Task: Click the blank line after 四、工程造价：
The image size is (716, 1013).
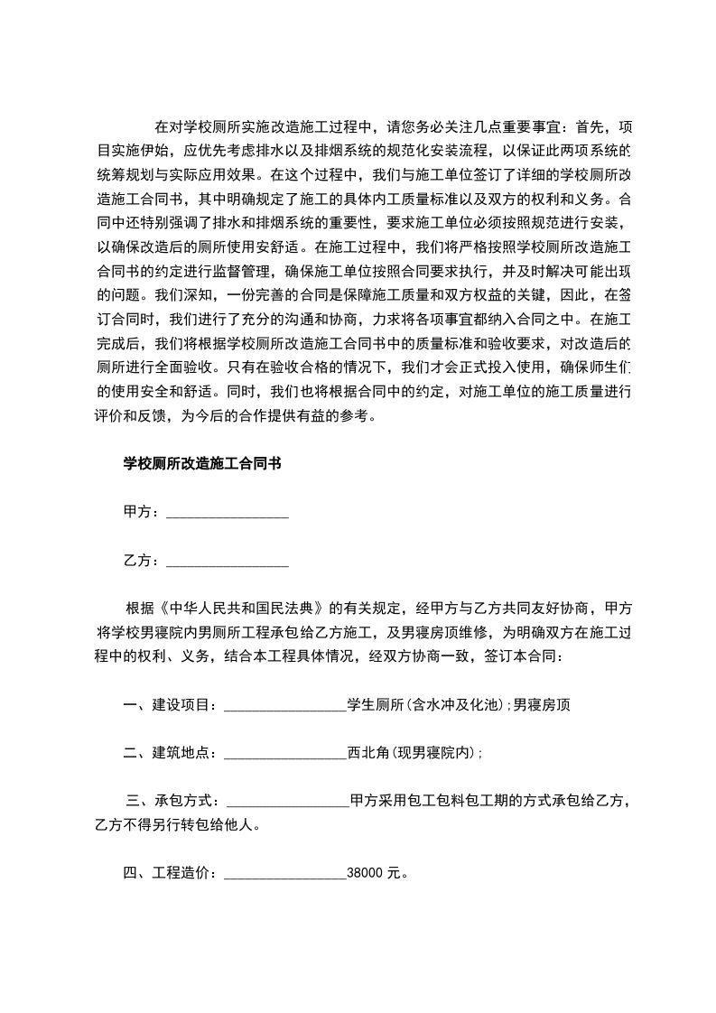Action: (x=284, y=875)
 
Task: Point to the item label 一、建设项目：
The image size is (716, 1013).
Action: (x=172, y=705)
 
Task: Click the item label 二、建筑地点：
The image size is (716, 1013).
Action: (x=172, y=752)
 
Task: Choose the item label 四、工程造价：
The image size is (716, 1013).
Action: (x=172, y=873)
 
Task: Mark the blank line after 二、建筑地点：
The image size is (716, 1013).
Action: (x=284, y=754)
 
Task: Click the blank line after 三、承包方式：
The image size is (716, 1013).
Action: (x=288, y=802)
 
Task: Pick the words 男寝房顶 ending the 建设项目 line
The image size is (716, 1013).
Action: (x=542, y=705)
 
